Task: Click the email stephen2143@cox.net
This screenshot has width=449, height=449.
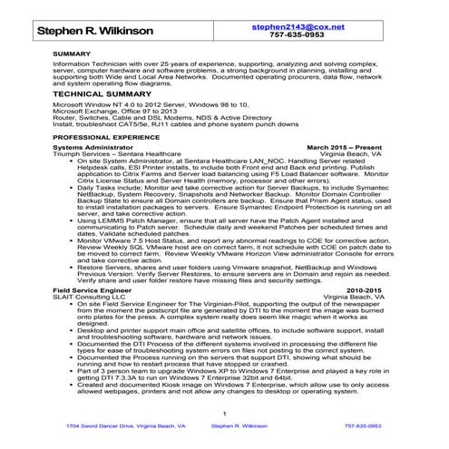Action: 311,28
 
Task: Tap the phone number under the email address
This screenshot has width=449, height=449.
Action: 311,38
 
